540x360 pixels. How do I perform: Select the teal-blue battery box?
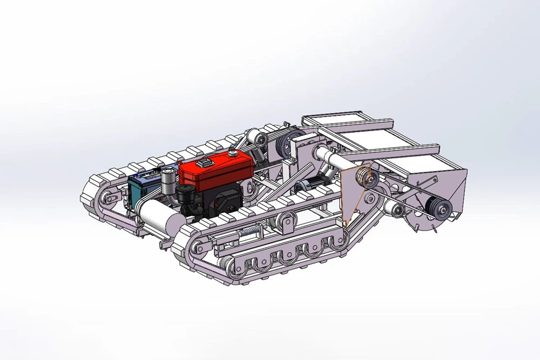[141, 189]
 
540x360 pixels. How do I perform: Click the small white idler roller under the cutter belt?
[398, 210]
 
